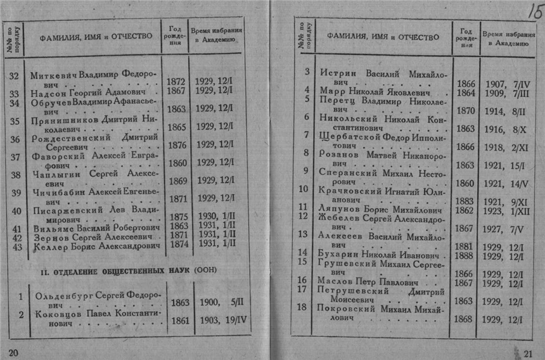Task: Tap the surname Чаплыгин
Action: pos(54,175)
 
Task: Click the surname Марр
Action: pos(331,93)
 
